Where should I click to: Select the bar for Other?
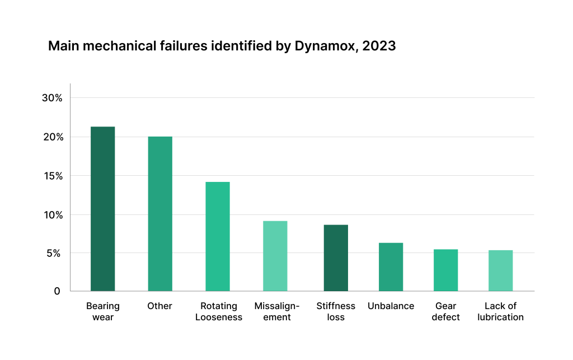pyautogui.click(x=160, y=214)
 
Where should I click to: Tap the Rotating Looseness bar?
pyautogui.click(x=218, y=236)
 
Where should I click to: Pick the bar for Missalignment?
pyautogui.click(x=275, y=256)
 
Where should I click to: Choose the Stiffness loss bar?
pyautogui.click(x=336, y=258)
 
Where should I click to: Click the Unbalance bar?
pyautogui.click(x=391, y=267)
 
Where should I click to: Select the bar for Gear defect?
pyautogui.click(x=446, y=270)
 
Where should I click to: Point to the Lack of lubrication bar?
pyautogui.click(x=500, y=270)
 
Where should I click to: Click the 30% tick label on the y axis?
pyautogui.click(x=52, y=98)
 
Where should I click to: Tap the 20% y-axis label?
pyautogui.click(x=52, y=137)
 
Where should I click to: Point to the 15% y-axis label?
pyautogui.click(x=52, y=176)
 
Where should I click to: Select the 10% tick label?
pyautogui.click(x=52, y=215)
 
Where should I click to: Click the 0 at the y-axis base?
pyautogui.click(x=57, y=291)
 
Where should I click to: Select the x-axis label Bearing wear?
pyautogui.click(x=103, y=311)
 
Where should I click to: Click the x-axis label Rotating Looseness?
pyautogui.click(x=219, y=311)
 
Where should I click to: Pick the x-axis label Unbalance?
pyautogui.click(x=391, y=306)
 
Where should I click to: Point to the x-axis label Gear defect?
pyautogui.click(x=446, y=311)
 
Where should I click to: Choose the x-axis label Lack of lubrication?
pyautogui.click(x=500, y=311)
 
